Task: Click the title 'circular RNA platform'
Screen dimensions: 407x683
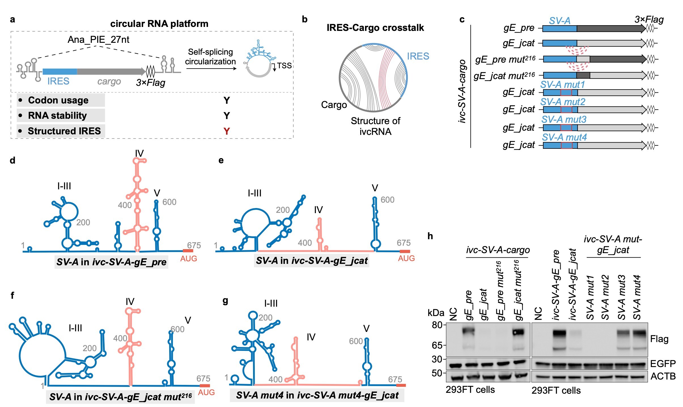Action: click(x=159, y=24)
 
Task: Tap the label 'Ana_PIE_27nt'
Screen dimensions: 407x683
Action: click(x=98, y=40)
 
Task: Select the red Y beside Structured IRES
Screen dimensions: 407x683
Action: click(x=226, y=131)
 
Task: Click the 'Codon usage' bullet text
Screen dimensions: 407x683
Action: click(x=58, y=100)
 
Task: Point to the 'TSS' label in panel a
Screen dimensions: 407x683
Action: click(x=284, y=66)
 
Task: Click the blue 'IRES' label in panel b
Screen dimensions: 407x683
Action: click(x=418, y=56)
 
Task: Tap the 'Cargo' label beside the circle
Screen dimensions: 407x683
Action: click(x=334, y=105)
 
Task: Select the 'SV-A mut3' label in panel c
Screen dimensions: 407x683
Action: click(x=564, y=120)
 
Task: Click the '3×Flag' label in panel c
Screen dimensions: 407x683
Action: click(x=649, y=20)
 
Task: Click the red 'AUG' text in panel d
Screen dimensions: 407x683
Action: click(x=188, y=258)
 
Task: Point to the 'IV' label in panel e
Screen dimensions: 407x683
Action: click(x=318, y=210)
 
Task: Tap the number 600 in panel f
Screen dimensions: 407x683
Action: click(x=177, y=329)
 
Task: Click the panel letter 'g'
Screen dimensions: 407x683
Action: click(x=225, y=301)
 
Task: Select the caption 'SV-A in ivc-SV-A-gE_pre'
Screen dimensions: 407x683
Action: click(x=111, y=262)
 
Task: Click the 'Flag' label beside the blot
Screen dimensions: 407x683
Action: click(x=659, y=339)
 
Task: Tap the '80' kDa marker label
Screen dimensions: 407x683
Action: click(x=437, y=325)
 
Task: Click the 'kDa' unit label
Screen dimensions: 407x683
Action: click(x=436, y=313)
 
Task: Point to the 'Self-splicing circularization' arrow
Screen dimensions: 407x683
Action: click(x=211, y=68)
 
